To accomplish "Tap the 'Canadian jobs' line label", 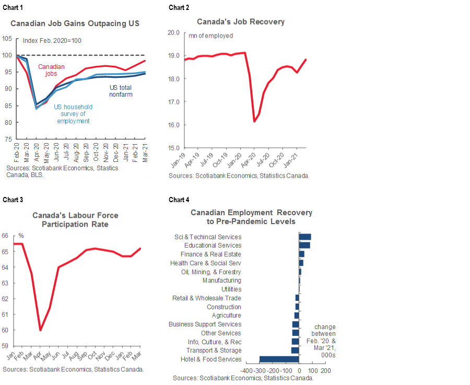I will click(52, 70).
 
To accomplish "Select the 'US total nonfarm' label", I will click(120, 91).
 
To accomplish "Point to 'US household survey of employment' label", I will click(73, 114).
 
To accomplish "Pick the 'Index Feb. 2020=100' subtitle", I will click(52, 41).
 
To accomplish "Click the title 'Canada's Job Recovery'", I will click(241, 22).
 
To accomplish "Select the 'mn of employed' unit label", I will click(210, 36).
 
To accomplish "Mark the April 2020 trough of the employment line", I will click(254, 121).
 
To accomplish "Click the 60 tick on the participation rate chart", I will click(4, 330).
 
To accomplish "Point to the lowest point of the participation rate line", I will click(40, 330).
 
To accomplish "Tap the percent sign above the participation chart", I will click(21, 236).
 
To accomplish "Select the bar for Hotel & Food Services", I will click(279, 359).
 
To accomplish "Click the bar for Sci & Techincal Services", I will click(304, 237).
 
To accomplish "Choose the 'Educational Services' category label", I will click(213, 246).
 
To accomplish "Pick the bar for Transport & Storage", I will click(295, 350).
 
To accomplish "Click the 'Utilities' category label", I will click(231, 289).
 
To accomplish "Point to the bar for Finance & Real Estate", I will click(301, 254).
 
